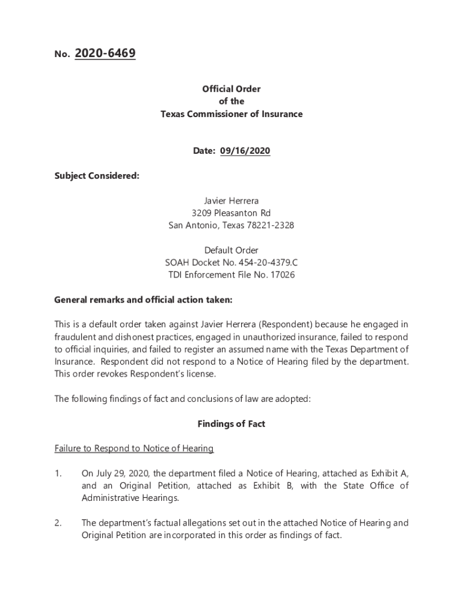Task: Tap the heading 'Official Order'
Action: [231, 89]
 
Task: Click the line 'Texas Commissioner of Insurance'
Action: [231, 114]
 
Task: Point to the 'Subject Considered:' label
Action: [97, 176]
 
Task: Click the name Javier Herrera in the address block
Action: [231, 201]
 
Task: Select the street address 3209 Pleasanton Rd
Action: [231, 213]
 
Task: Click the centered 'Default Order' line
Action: [231, 250]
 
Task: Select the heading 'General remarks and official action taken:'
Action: [143, 300]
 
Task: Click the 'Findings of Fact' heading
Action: [231, 424]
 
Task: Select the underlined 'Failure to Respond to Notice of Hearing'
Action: [134, 449]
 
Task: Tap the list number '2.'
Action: [58, 523]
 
